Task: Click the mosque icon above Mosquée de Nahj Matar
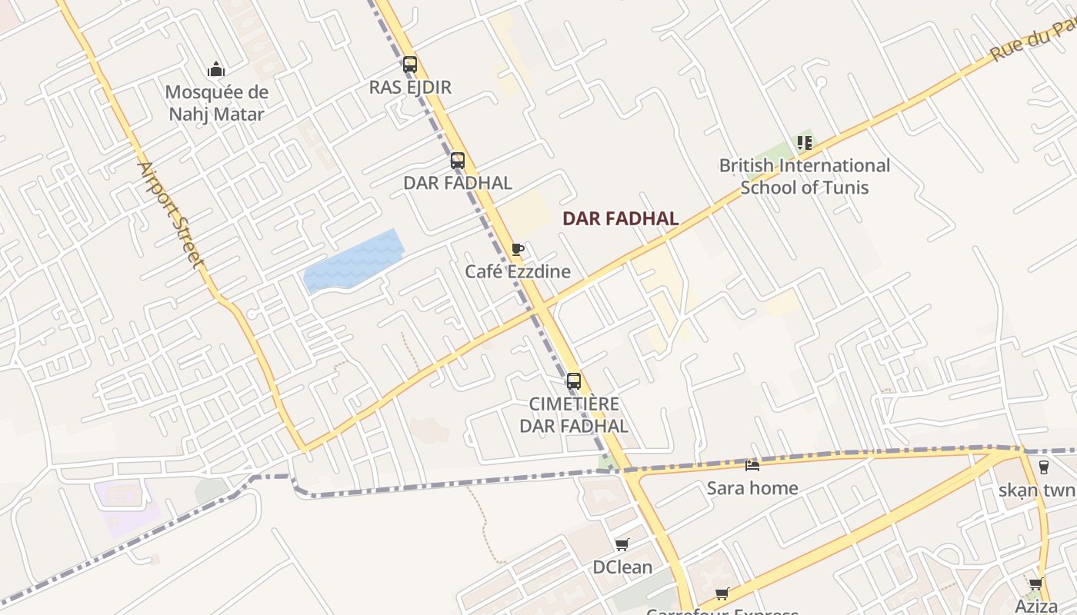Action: tap(216, 70)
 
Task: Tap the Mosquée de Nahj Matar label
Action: tap(216, 104)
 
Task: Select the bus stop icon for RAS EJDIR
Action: tap(410, 65)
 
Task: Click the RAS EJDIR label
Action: tap(410, 87)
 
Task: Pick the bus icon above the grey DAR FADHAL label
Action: tap(458, 161)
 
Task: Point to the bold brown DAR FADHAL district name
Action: tap(620, 218)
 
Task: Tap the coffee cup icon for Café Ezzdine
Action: tap(518, 249)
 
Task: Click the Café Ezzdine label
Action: tap(518, 271)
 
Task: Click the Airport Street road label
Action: tap(171, 214)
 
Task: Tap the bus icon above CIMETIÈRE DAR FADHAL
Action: tap(574, 381)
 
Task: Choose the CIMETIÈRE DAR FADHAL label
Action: tap(574, 414)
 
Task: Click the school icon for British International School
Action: tap(804, 143)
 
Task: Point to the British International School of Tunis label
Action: tap(804, 176)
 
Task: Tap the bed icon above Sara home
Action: tap(752, 465)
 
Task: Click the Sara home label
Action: tap(752, 488)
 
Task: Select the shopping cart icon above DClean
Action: tap(622, 545)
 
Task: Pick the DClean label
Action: tap(622, 567)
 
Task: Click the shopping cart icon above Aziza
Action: tap(1036, 583)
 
